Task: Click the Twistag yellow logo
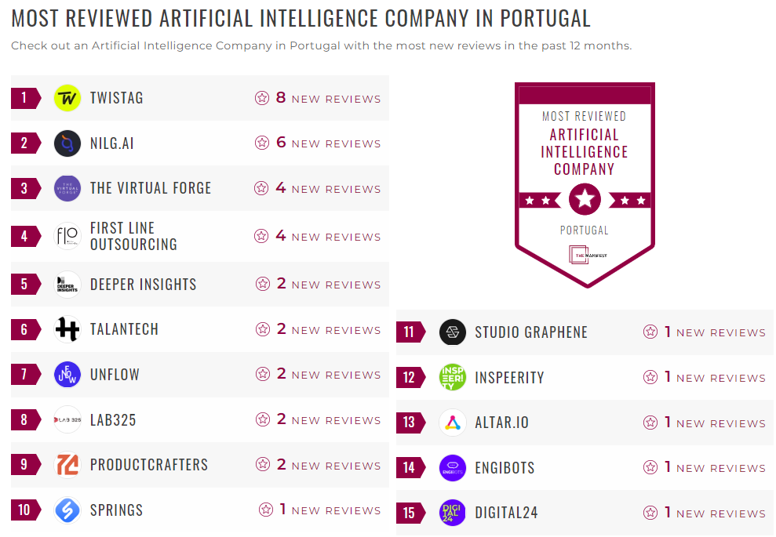click(x=67, y=98)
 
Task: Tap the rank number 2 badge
click(x=25, y=143)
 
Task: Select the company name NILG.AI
click(x=112, y=143)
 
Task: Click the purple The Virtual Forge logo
click(x=67, y=189)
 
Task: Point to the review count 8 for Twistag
click(x=281, y=98)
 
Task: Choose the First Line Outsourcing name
click(x=133, y=236)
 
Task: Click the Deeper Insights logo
click(x=67, y=285)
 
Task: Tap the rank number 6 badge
click(x=25, y=330)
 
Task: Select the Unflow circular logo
click(x=67, y=375)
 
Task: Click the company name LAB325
click(x=113, y=420)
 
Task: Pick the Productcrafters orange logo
click(x=67, y=465)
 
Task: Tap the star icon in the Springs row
click(x=266, y=510)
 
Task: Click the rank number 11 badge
click(x=410, y=332)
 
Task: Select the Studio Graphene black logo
click(x=453, y=332)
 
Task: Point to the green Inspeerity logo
click(x=453, y=377)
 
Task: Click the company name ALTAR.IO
click(x=502, y=423)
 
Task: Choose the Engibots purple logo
click(x=453, y=468)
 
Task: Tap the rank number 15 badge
click(x=410, y=513)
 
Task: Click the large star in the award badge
click(x=585, y=199)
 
